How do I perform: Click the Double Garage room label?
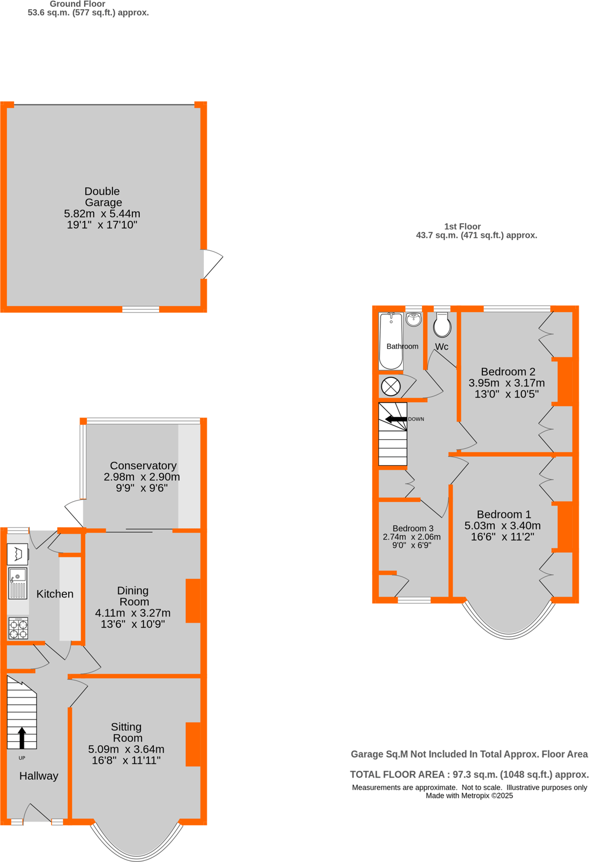pos(102,197)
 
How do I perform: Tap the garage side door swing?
pos(212,263)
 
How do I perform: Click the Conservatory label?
pos(143,465)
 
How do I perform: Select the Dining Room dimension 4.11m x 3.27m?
pos(133,613)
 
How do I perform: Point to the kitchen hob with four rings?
pos(18,628)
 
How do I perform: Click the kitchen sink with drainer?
pos(18,583)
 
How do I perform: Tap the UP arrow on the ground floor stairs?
pos(22,738)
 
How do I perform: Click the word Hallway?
pos(39,776)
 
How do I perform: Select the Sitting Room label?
pos(127,732)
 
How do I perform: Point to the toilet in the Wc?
pos(442,325)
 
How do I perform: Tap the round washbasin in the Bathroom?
pos(414,319)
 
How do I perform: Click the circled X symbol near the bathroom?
pos(391,387)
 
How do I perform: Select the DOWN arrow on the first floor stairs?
pos(396,419)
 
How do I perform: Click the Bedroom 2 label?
pos(508,372)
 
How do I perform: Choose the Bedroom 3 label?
pos(413,528)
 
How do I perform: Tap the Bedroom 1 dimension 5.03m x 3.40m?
pos(503,525)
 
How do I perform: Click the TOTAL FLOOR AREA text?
pos(469,775)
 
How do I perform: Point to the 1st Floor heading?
pos(462,226)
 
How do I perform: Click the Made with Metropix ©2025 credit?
pos(469,796)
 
